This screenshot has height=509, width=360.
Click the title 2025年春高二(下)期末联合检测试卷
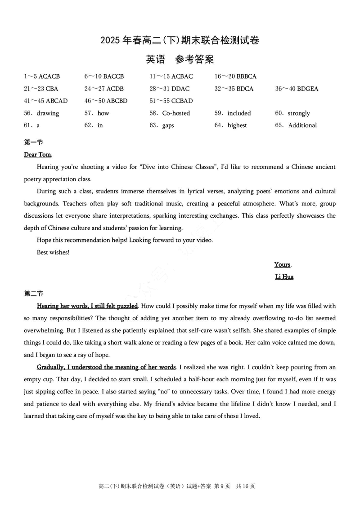coord(180,40)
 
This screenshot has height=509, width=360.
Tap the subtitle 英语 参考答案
coord(180,59)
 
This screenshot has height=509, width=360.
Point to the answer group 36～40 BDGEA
coord(297,89)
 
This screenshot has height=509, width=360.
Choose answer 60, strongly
coord(299,113)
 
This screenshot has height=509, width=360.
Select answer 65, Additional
coord(302,125)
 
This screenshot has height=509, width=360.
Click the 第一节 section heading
coord(33,143)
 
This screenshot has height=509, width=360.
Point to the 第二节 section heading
coord(33,294)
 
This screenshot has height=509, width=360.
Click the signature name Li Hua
coord(284,277)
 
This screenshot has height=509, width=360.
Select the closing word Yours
coord(283,264)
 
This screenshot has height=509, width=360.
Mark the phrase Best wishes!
coord(53,252)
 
